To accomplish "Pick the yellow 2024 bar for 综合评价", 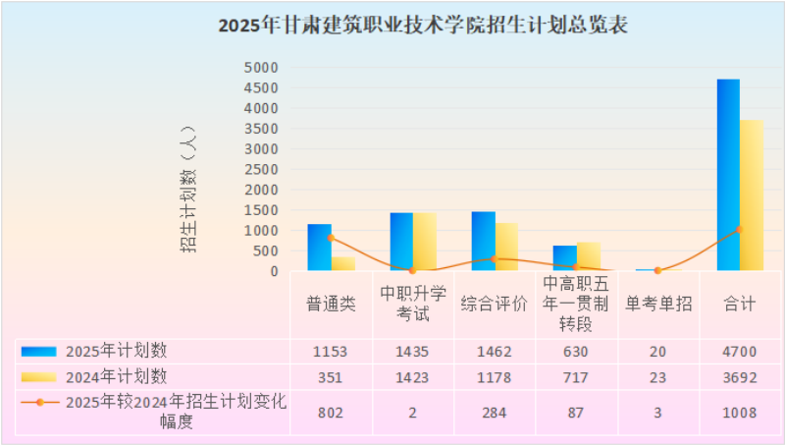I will coord(506,247).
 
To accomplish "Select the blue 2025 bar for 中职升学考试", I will coord(401,242).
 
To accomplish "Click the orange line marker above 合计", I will coord(739,230).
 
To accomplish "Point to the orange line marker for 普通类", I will coord(331,238).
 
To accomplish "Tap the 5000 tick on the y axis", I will coord(261,68).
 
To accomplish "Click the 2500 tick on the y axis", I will coord(261,169).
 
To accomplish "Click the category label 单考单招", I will coord(658,305).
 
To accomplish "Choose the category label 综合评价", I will coord(495,305).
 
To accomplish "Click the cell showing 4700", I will coord(740,352).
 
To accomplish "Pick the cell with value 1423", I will coord(412,377).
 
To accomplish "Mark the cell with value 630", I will coord(576,352).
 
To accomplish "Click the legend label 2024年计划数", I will coord(117,377).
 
